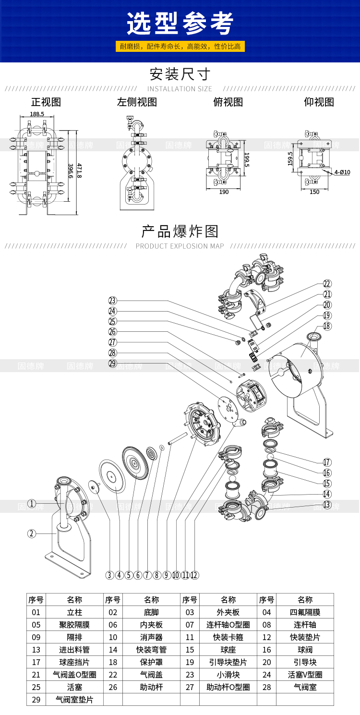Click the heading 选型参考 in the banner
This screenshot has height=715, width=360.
[x=180, y=23]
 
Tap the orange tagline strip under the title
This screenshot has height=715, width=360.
[x=180, y=47]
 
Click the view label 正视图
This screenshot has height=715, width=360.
[x=46, y=102]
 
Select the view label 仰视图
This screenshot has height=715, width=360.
[x=319, y=102]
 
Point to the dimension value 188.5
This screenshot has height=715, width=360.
[x=37, y=114]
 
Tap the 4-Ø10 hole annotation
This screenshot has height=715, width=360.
[x=342, y=172]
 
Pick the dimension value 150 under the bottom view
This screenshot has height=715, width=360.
[x=314, y=192]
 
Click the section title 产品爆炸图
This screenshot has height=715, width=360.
[x=180, y=231]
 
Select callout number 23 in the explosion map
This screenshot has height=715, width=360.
[x=113, y=301]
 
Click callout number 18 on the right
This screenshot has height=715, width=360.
[x=327, y=326]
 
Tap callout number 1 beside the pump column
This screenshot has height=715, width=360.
[x=32, y=503]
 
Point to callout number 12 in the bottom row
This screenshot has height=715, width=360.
[x=194, y=575]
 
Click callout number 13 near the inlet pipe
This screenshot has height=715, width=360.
[x=327, y=504]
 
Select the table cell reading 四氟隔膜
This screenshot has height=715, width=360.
[x=305, y=612]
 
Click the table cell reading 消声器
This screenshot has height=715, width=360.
[x=151, y=637]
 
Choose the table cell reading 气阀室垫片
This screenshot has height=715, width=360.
[x=74, y=700]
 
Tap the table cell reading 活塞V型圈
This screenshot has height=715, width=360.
[x=305, y=675]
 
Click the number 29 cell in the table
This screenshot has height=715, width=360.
[x=36, y=700]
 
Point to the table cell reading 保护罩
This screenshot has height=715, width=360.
[x=151, y=662]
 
